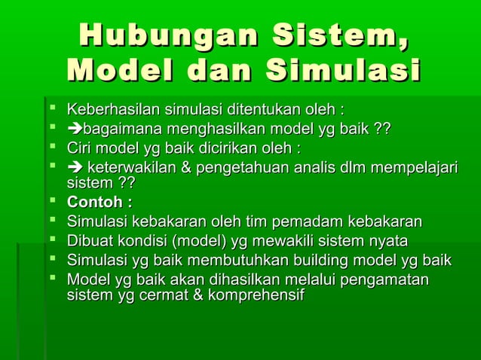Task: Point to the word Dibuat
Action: [89, 242]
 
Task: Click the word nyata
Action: [388, 242]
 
